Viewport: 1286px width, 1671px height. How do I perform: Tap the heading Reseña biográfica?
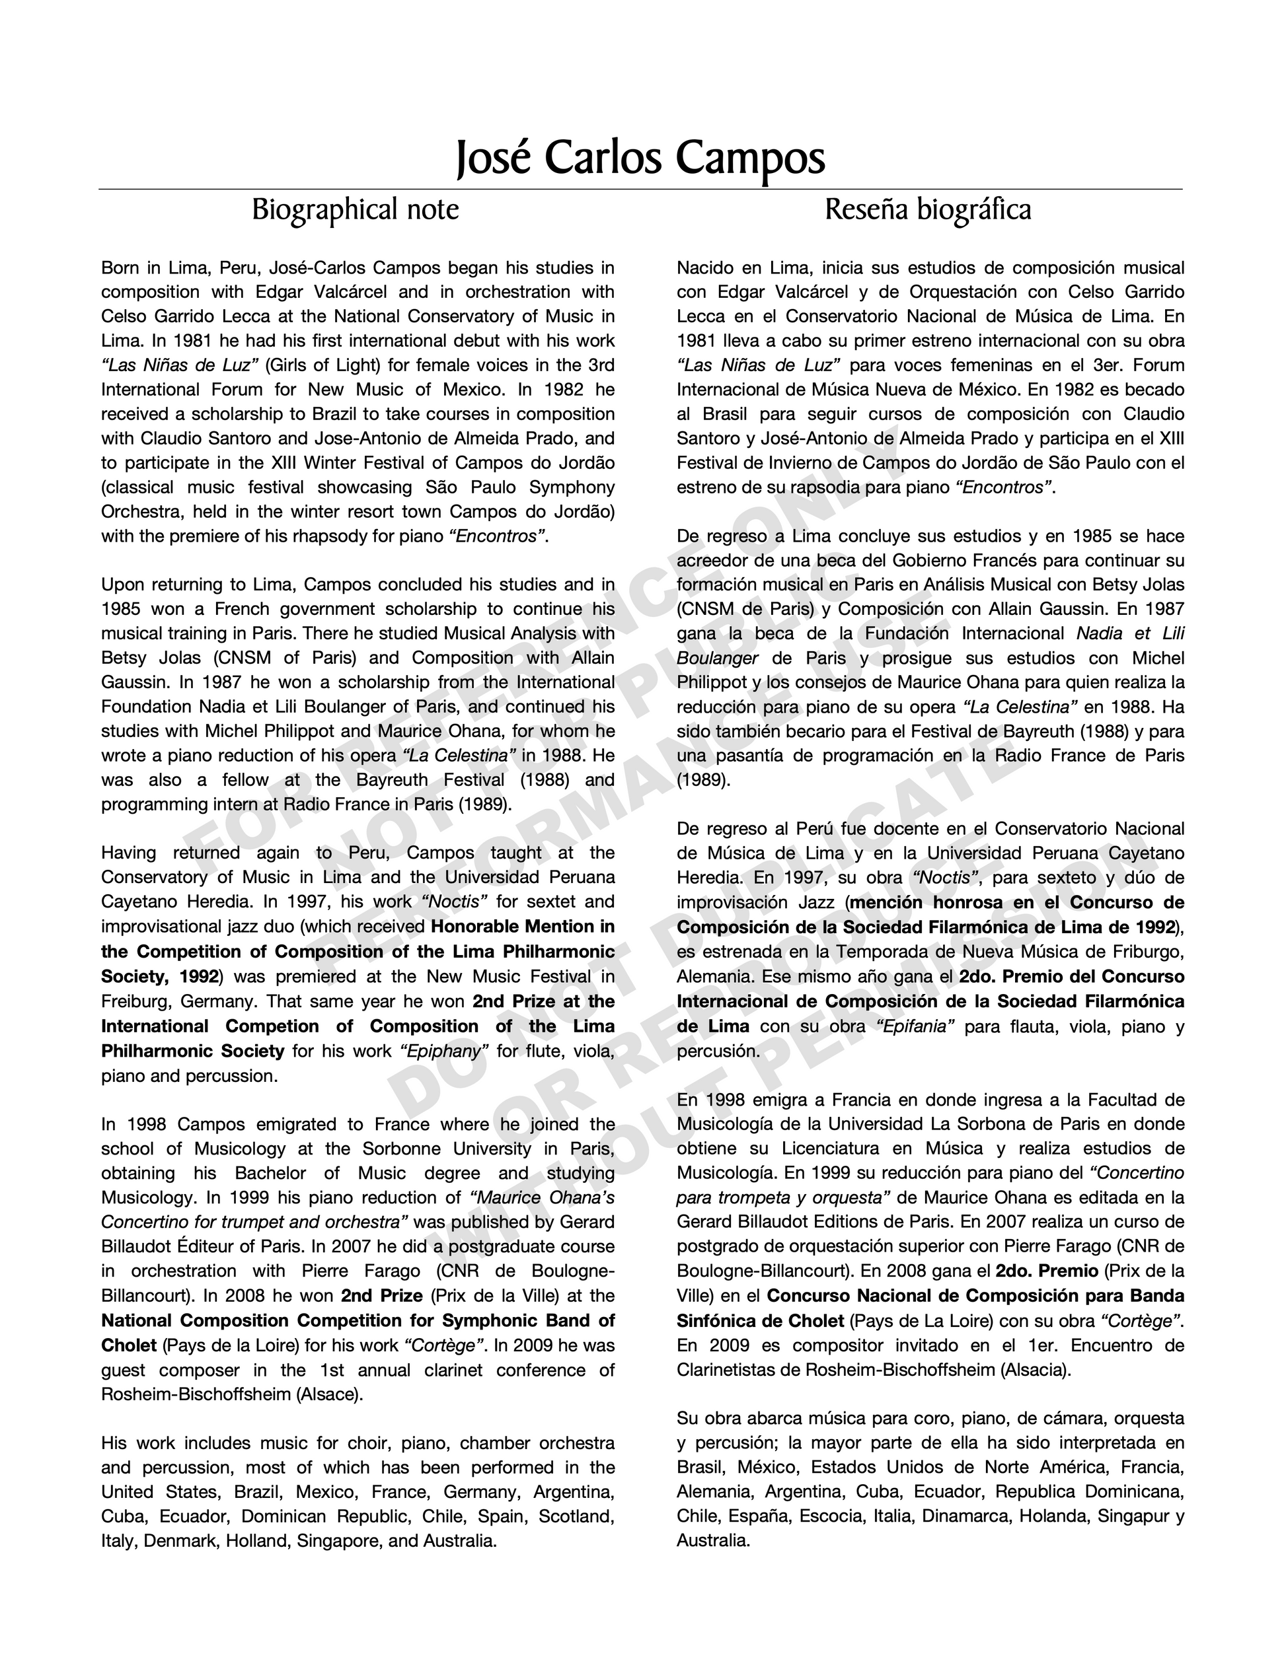coord(928,209)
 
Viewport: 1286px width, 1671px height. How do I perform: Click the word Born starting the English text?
coord(120,267)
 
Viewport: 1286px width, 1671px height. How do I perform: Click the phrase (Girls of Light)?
coord(321,365)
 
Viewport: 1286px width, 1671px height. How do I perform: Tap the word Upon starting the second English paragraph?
coord(121,585)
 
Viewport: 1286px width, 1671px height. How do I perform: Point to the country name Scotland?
coord(576,1516)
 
